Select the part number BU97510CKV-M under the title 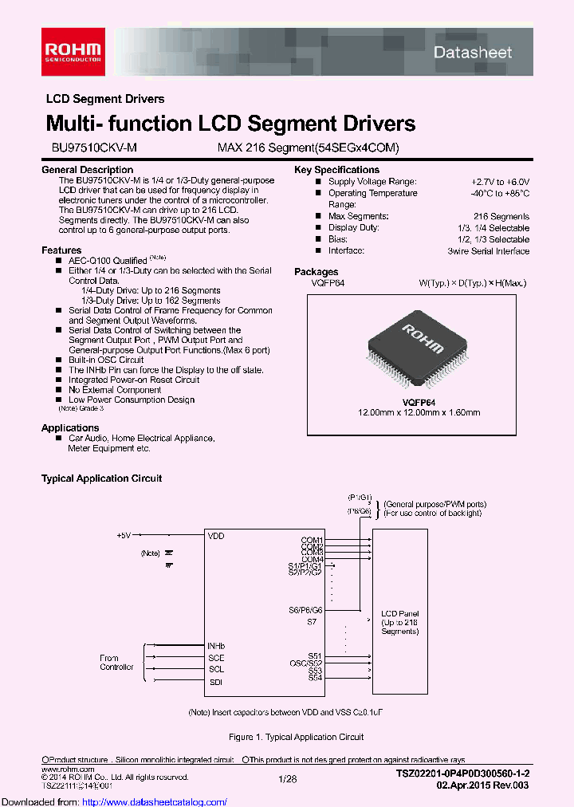point(83,148)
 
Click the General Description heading point(87,170)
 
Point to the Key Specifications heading point(336,170)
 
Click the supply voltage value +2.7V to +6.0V point(500,182)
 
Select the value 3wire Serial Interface point(488,250)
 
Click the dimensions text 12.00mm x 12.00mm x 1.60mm point(418,412)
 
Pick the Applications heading point(70,428)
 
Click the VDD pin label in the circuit point(216,537)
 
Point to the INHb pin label point(216,646)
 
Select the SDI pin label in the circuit point(215,682)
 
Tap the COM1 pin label point(312,540)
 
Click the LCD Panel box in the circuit point(399,621)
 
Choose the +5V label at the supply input point(124,535)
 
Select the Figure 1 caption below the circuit point(296,737)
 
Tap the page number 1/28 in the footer point(287,777)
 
